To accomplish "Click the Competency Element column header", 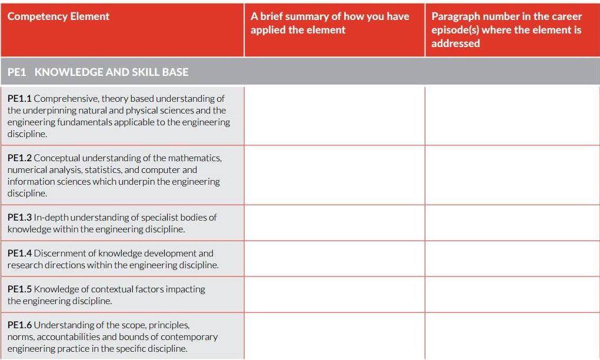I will (59, 16).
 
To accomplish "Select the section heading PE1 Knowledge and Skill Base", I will (98, 72).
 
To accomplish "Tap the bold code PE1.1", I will (19, 99).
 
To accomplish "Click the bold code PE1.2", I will (19, 158).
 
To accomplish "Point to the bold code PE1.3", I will (19, 218).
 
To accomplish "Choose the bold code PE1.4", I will (19, 254).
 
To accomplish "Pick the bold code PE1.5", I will (19, 289).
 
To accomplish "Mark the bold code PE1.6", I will (19, 325).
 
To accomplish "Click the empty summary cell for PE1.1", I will (334, 116).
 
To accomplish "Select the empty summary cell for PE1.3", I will (334, 223).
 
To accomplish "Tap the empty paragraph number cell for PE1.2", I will (512, 175).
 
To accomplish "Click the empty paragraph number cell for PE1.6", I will (512, 336).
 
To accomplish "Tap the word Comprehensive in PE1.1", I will (66, 99).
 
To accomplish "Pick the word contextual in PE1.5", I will (105, 289).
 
